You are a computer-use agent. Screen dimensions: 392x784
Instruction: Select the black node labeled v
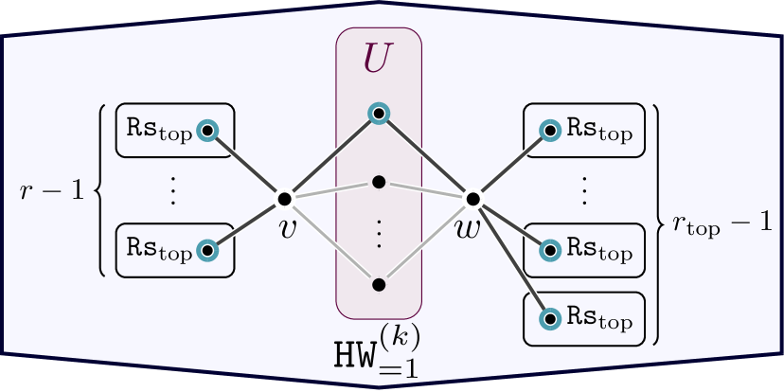click(284, 199)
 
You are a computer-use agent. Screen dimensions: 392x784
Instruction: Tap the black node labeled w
click(472, 199)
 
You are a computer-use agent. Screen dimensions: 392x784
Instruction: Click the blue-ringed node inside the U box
click(379, 114)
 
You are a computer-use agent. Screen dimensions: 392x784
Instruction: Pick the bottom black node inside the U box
click(379, 284)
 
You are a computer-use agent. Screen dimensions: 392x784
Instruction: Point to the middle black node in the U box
click(379, 181)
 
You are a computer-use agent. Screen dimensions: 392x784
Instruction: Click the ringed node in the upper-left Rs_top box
click(207, 130)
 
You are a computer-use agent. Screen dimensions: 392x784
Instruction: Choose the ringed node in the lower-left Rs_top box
click(207, 251)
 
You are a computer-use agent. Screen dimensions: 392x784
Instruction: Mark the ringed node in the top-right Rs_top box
click(549, 130)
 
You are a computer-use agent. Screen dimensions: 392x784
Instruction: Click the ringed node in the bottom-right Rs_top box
click(549, 319)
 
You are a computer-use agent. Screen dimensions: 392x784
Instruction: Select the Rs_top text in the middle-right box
click(599, 251)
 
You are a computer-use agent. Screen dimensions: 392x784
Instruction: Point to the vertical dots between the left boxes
click(173, 190)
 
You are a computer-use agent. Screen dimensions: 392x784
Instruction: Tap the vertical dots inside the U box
click(379, 233)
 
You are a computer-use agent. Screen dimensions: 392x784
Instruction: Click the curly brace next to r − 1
click(101, 190)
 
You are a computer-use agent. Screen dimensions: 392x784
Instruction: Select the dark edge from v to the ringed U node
click(331, 156)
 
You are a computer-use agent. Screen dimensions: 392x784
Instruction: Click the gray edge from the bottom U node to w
click(426, 241)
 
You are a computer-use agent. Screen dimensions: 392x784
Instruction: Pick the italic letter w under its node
click(468, 228)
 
